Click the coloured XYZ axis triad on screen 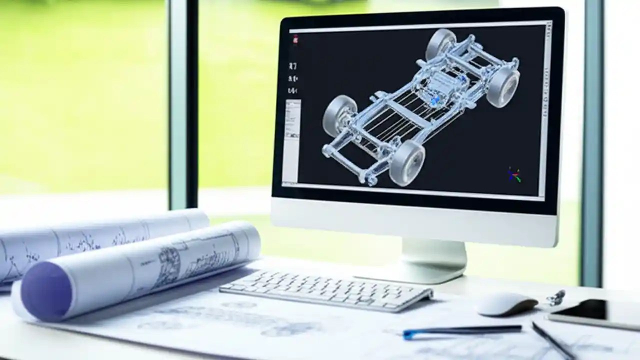coord(513,175)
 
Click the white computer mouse coord(507,304)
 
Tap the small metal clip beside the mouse coord(555,297)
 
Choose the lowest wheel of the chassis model coord(407,162)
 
